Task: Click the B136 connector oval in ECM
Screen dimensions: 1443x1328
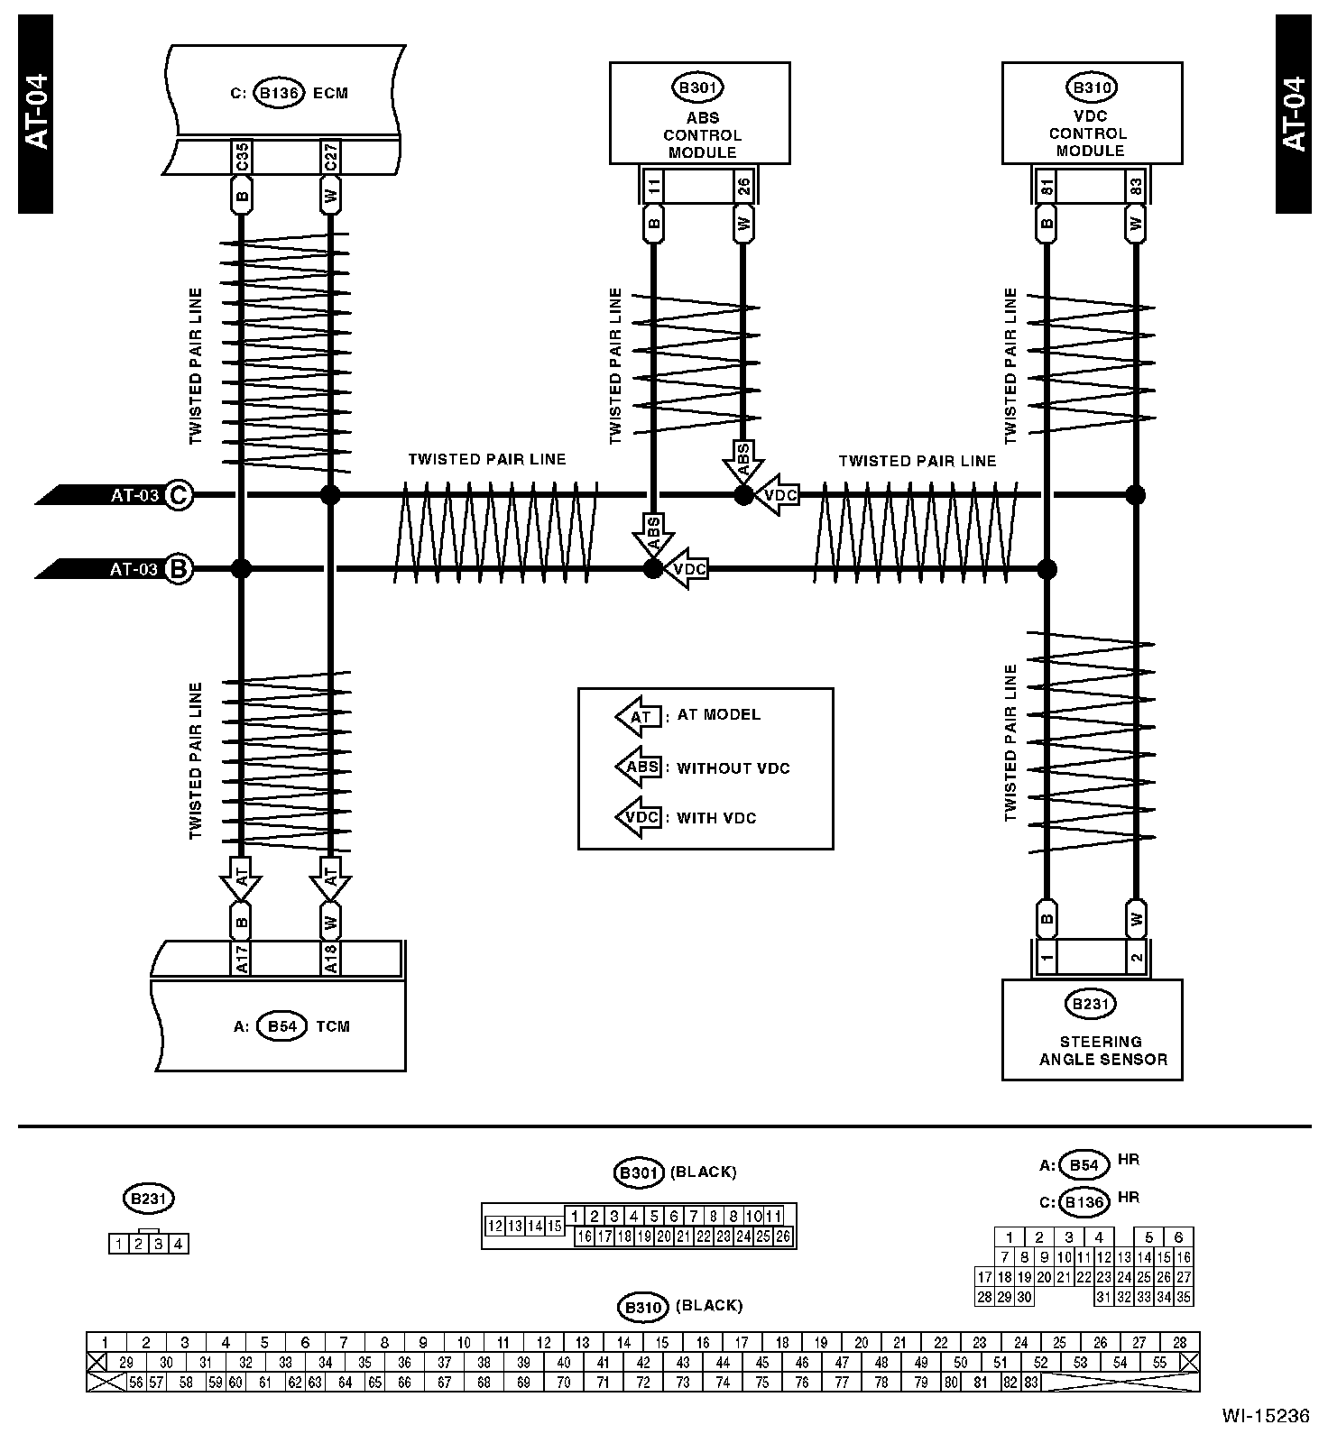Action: [279, 94]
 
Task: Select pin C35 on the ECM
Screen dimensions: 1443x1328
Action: [241, 158]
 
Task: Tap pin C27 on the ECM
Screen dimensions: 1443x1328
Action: [330, 158]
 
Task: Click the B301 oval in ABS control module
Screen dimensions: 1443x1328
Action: [698, 88]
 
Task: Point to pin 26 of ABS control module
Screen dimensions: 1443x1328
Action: [743, 187]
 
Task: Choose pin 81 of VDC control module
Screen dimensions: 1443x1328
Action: [1047, 187]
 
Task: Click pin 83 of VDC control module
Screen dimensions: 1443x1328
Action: [1136, 187]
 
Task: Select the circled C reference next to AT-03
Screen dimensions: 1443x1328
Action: [179, 495]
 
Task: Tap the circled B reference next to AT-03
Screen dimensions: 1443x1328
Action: [179, 569]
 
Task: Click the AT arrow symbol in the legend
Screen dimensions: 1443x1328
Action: [639, 717]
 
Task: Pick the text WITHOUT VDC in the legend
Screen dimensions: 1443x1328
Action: [733, 768]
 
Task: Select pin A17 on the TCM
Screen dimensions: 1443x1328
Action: [241, 958]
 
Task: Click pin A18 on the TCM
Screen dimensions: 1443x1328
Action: [330, 958]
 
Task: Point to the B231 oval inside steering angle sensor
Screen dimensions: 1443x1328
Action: [1091, 1004]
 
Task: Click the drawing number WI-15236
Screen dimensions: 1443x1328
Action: [1265, 1416]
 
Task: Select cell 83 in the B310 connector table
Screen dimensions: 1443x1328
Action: [1031, 1382]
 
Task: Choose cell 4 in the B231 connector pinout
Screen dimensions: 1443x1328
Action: [179, 1245]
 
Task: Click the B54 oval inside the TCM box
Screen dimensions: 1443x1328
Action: [281, 1026]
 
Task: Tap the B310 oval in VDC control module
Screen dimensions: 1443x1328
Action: [1091, 88]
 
